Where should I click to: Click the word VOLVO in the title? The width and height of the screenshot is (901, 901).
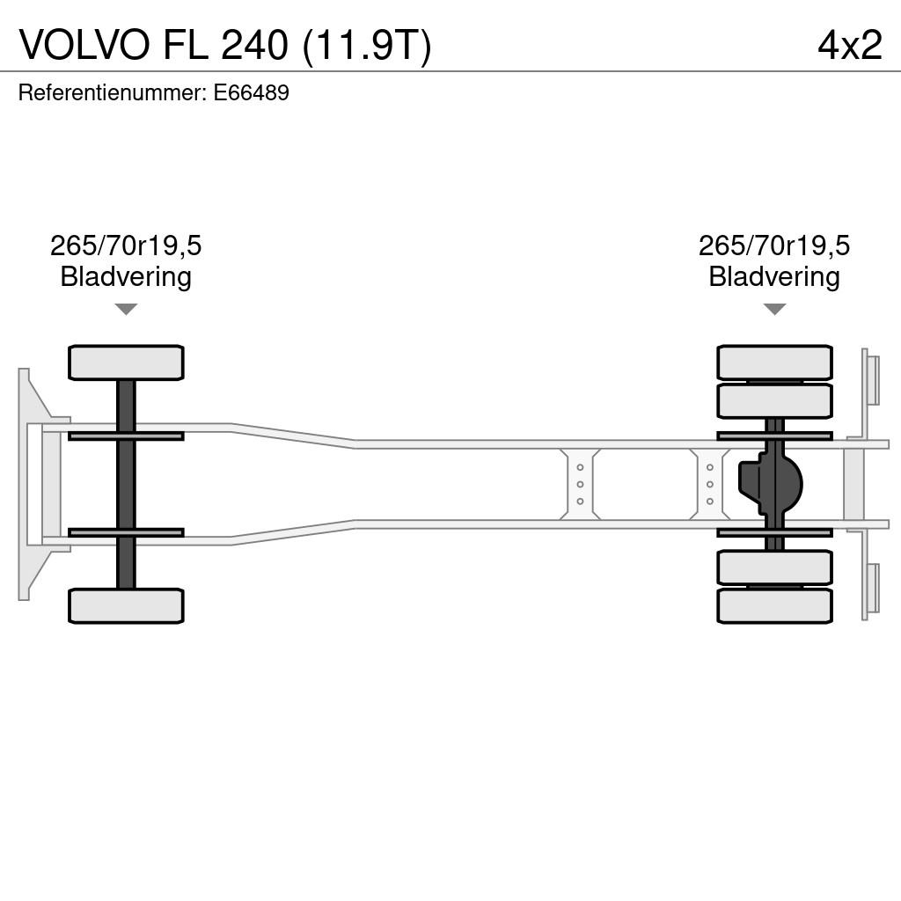point(85,44)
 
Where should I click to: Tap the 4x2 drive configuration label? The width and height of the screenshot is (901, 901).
point(850,45)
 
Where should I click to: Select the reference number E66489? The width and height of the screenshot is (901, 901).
point(251,92)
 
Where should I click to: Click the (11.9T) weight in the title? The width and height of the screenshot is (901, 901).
point(367,46)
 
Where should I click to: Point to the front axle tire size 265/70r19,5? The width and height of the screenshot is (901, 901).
point(126,245)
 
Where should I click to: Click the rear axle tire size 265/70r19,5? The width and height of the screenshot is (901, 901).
point(774,245)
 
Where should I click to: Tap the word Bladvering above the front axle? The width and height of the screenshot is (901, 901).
point(126,276)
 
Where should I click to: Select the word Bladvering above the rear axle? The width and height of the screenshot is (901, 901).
point(774,276)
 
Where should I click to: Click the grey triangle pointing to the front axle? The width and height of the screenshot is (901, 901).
point(126,309)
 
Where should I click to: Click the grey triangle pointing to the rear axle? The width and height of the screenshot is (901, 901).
point(774,309)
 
